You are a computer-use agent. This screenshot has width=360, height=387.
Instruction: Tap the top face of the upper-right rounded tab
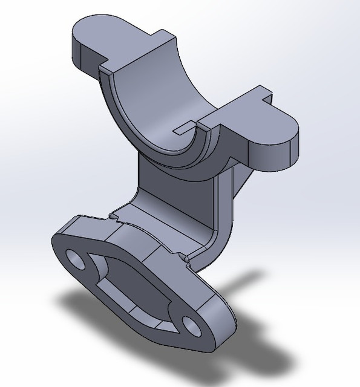[266, 121]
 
